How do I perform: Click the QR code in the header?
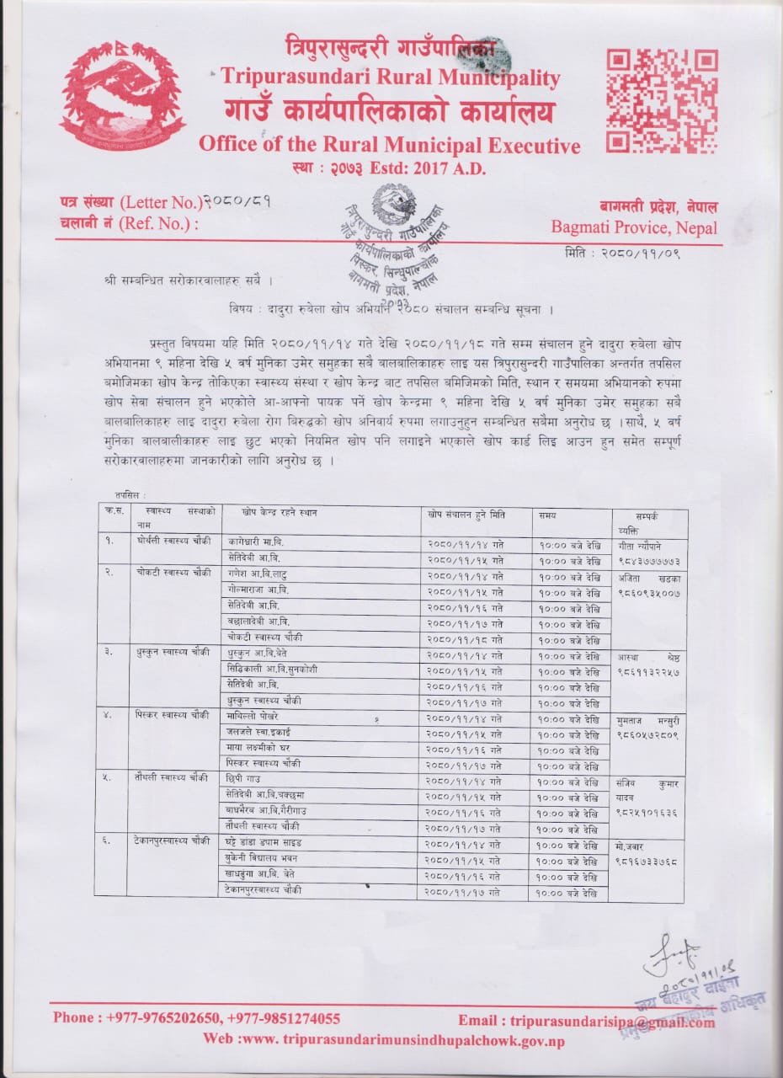(662, 102)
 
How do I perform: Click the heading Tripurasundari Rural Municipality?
(390, 78)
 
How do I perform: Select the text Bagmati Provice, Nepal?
(634, 227)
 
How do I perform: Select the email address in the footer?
(612, 1021)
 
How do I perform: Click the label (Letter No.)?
(159, 202)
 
